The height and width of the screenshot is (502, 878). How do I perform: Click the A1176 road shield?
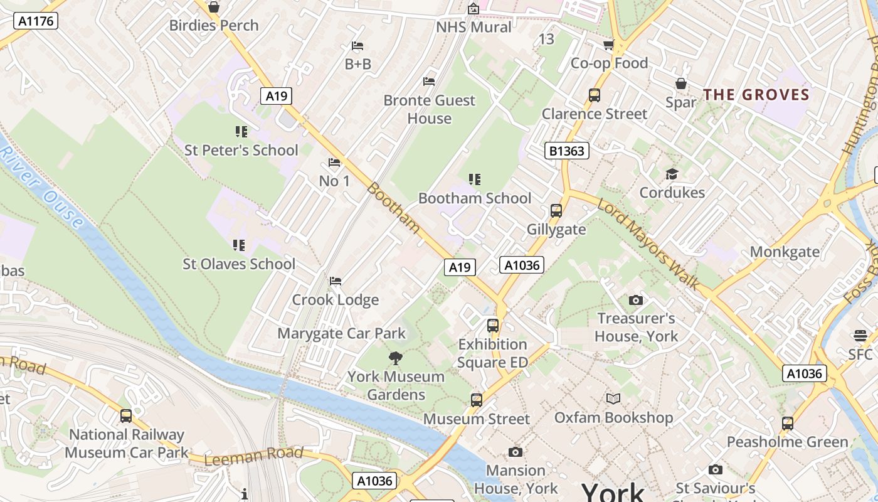click(x=35, y=21)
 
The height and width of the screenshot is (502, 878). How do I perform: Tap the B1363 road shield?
click(x=566, y=151)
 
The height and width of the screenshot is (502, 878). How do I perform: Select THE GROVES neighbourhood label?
click(x=756, y=95)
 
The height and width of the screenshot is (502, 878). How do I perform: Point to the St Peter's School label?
click(x=241, y=150)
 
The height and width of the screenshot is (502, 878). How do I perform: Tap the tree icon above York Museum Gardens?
click(x=396, y=358)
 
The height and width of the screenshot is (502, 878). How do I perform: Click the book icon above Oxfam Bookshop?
click(x=613, y=398)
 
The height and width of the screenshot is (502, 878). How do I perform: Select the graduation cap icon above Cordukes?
click(x=672, y=174)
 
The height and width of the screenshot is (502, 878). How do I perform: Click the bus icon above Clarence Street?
click(x=595, y=95)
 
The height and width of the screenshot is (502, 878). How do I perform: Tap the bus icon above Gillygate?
click(x=556, y=211)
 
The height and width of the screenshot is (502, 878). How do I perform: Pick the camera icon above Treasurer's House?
click(x=636, y=300)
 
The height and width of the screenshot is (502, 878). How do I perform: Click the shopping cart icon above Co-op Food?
click(x=608, y=45)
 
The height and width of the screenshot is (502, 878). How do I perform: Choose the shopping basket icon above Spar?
click(x=681, y=83)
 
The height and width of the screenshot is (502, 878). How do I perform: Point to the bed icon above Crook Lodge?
click(x=336, y=280)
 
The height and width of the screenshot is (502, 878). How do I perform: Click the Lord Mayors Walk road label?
click(x=648, y=244)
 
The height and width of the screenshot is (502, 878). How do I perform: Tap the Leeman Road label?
click(x=254, y=456)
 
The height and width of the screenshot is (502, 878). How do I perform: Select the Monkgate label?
click(x=785, y=252)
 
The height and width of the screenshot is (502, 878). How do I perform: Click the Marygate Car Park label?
click(x=342, y=333)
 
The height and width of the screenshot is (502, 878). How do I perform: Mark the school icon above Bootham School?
click(x=475, y=179)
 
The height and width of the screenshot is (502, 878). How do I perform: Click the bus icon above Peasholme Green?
click(x=788, y=424)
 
